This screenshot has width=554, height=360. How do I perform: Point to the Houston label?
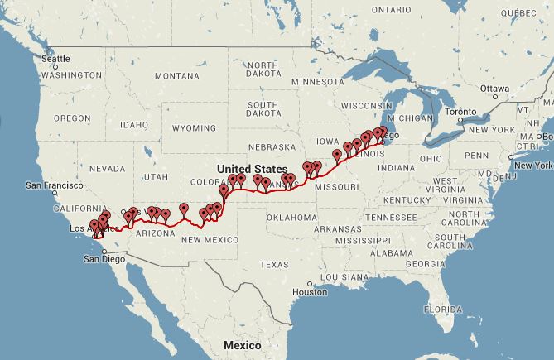pyautogui.click(x=310, y=292)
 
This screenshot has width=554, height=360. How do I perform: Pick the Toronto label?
pyautogui.click(x=460, y=112)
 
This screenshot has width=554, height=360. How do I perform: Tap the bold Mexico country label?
pyautogui.click(x=237, y=344)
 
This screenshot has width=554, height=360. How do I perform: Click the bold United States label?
pyautogui.click(x=249, y=168)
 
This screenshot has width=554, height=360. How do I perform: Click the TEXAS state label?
pyautogui.click(x=273, y=265)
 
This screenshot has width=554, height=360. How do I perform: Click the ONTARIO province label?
pyautogui.click(x=391, y=9)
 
